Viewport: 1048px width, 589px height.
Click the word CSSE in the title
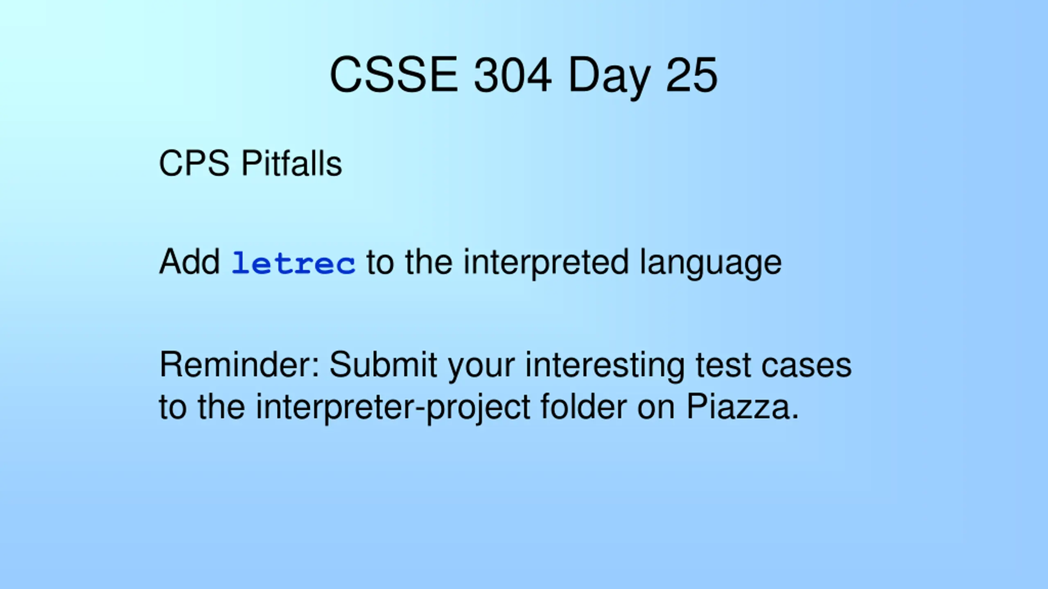pos(394,75)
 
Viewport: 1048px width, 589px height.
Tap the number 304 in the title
pos(513,75)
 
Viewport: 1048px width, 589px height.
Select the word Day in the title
pos(610,78)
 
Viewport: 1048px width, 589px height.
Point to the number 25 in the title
pos(692,75)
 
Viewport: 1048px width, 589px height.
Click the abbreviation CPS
pos(194,163)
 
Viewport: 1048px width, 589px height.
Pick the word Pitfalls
pos(292,163)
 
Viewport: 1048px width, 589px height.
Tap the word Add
pos(190,262)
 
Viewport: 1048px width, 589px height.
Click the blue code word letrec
pos(294,263)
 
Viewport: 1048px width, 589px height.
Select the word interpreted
pos(546,263)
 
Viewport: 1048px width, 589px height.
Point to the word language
pos(711,263)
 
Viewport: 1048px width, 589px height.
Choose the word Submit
pos(384,364)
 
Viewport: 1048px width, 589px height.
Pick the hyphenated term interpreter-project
pos(393,407)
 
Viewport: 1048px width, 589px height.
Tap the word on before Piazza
pos(656,409)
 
